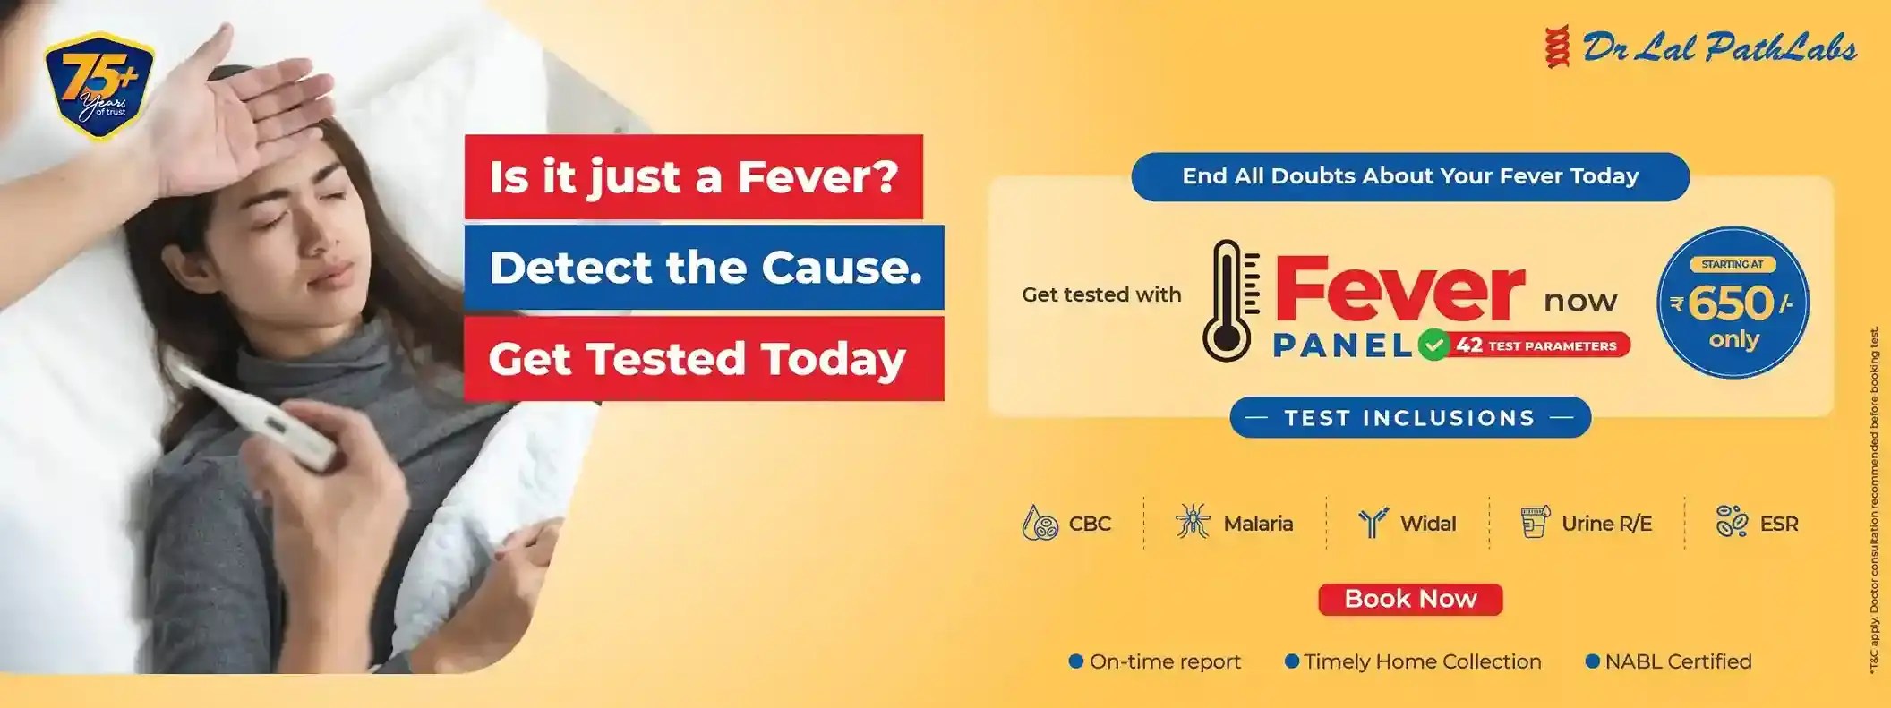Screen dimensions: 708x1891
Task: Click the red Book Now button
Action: pyautogui.click(x=1410, y=599)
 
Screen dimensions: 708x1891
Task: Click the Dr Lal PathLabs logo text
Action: pyautogui.click(x=1719, y=48)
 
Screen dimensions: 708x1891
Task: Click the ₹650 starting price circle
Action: pyautogui.click(x=1733, y=303)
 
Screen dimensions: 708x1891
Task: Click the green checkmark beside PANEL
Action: pyautogui.click(x=1433, y=345)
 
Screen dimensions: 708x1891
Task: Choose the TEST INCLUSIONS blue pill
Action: pyautogui.click(x=1410, y=418)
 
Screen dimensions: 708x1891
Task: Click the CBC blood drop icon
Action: pyautogui.click(x=1040, y=524)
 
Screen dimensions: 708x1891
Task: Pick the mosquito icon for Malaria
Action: pyautogui.click(x=1193, y=523)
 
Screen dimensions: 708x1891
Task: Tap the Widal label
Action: pyautogui.click(x=1428, y=524)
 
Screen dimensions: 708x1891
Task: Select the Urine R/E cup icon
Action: pyautogui.click(x=1534, y=523)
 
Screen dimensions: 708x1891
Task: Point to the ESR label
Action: pyautogui.click(x=1778, y=524)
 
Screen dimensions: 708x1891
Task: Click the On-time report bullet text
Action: pyautogui.click(x=1165, y=661)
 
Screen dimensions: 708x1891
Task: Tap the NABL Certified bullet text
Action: pyautogui.click(x=1678, y=661)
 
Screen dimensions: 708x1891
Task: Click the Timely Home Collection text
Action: pyautogui.click(x=1422, y=661)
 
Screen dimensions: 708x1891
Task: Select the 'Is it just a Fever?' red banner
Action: pyautogui.click(x=693, y=176)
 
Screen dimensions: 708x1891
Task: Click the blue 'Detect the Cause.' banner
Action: pyautogui.click(x=705, y=267)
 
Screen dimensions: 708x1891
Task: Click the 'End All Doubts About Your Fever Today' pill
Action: pyautogui.click(x=1410, y=176)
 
